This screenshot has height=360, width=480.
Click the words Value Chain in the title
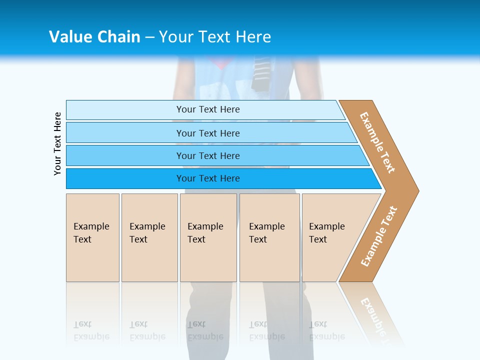(94, 36)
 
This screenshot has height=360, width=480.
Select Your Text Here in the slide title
(215, 36)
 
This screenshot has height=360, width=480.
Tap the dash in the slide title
(149, 37)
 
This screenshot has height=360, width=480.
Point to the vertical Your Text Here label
(57, 143)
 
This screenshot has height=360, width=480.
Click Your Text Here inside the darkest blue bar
(208, 178)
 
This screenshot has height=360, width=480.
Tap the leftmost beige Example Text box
(92, 237)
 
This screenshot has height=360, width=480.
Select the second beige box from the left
(149, 237)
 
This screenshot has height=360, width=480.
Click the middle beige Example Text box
(208, 237)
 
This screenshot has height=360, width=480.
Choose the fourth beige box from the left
(269, 237)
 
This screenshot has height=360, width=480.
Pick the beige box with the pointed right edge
(332, 237)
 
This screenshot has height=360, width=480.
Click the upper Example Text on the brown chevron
(377, 142)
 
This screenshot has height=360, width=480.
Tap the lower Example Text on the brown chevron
(378, 236)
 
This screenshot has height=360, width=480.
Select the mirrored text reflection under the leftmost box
(91, 330)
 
